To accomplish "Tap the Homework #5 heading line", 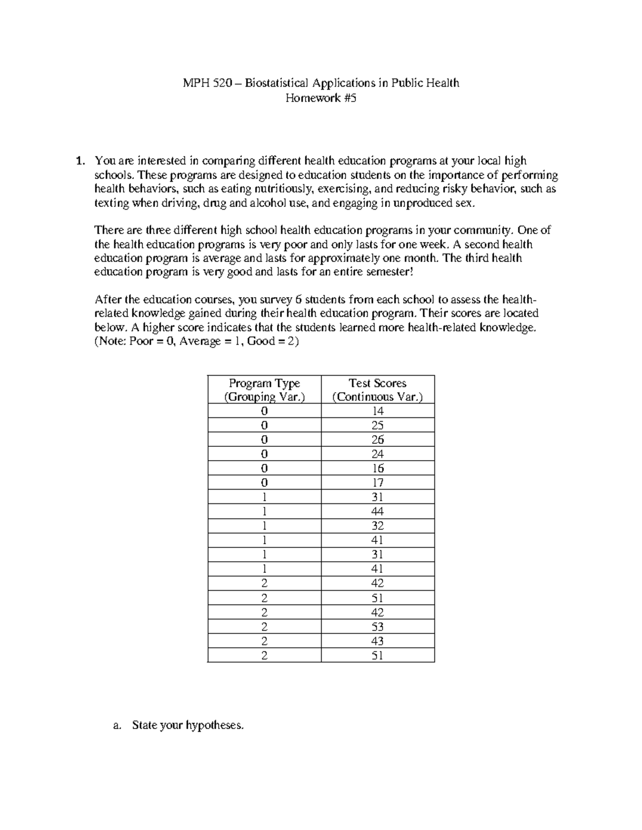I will click(321, 98).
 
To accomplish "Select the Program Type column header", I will click(264, 390).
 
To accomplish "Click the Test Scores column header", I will click(377, 390).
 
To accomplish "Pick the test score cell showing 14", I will click(378, 411).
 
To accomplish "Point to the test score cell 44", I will click(378, 511).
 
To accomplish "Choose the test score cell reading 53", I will click(378, 626).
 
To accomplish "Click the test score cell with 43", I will click(378, 641).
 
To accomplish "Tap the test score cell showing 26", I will click(378, 440).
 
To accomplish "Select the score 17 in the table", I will click(378, 483).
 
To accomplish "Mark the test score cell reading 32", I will click(378, 526).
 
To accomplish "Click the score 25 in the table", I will click(378, 425).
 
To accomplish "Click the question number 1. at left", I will click(80, 161).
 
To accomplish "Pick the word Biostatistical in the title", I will click(277, 83).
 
